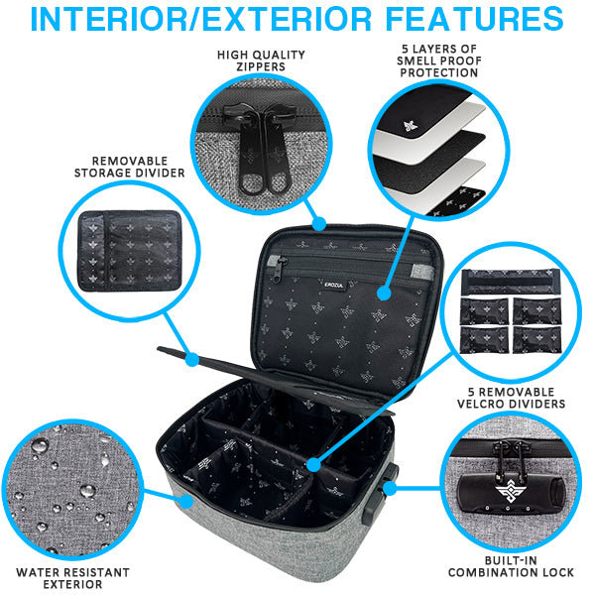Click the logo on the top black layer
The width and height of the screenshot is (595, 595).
click(x=381, y=127)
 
